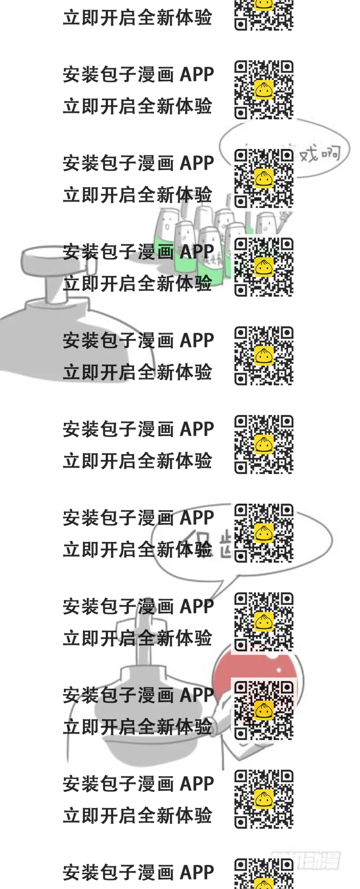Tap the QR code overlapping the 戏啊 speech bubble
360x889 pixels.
point(264,178)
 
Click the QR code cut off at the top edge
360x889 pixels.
point(264,14)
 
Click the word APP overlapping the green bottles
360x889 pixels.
point(197,252)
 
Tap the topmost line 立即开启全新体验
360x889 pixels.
point(137,18)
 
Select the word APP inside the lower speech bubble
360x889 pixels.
point(197,518)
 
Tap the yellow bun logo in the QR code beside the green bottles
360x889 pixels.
point(264,266)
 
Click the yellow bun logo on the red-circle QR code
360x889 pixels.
point(264,710)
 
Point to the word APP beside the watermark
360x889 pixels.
point(197,872)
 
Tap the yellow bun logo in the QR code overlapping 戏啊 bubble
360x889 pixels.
point(264,178)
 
